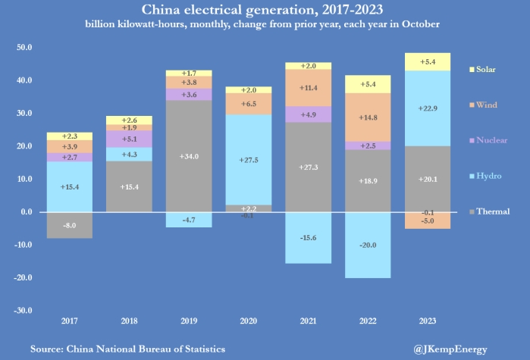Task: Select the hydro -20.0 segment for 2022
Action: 368,245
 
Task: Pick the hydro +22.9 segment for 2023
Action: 427,108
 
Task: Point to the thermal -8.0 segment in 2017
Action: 69,225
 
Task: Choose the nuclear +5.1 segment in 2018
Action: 129,139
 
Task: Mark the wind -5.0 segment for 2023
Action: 427,221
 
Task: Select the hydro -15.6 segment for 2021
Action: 308,238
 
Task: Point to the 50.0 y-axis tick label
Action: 23,47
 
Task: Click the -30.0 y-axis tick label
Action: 22,310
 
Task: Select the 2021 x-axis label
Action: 308,321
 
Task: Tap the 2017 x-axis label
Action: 69,321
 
